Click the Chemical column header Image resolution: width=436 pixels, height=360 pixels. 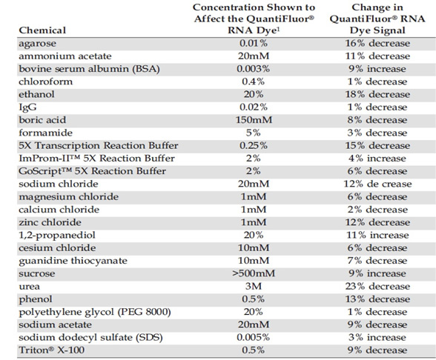[42, 30]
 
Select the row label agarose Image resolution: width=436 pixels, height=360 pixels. [37, 44]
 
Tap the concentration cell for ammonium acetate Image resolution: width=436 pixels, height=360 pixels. [254, 56]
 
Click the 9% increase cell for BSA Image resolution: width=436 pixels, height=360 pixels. [377, 69]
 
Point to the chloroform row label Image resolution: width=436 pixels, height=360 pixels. [46, 81]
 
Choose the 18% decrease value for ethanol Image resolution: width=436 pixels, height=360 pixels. [377, 94]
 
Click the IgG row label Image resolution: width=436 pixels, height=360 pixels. [27, 107]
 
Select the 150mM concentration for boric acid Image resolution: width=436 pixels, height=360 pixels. [254, 120]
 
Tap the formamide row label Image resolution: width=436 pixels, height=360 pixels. [46, 133]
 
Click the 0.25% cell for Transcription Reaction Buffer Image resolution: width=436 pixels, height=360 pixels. [254, 145]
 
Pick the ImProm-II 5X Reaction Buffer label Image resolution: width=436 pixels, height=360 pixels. [96, 158]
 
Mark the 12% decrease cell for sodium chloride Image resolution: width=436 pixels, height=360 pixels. [377, 184]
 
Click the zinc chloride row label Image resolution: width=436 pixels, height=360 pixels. [50, 222]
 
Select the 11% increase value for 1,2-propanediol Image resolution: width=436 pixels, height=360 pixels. [377, 235]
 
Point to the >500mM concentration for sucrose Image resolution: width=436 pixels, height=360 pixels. [254, 273]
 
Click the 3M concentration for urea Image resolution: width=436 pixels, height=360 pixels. [254, 286]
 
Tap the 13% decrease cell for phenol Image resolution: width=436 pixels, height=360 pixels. [377, 299]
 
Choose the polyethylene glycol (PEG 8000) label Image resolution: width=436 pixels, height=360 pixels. [95, 313]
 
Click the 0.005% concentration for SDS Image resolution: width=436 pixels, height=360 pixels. [254, 337]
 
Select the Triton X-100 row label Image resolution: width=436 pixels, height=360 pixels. [51, 350]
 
